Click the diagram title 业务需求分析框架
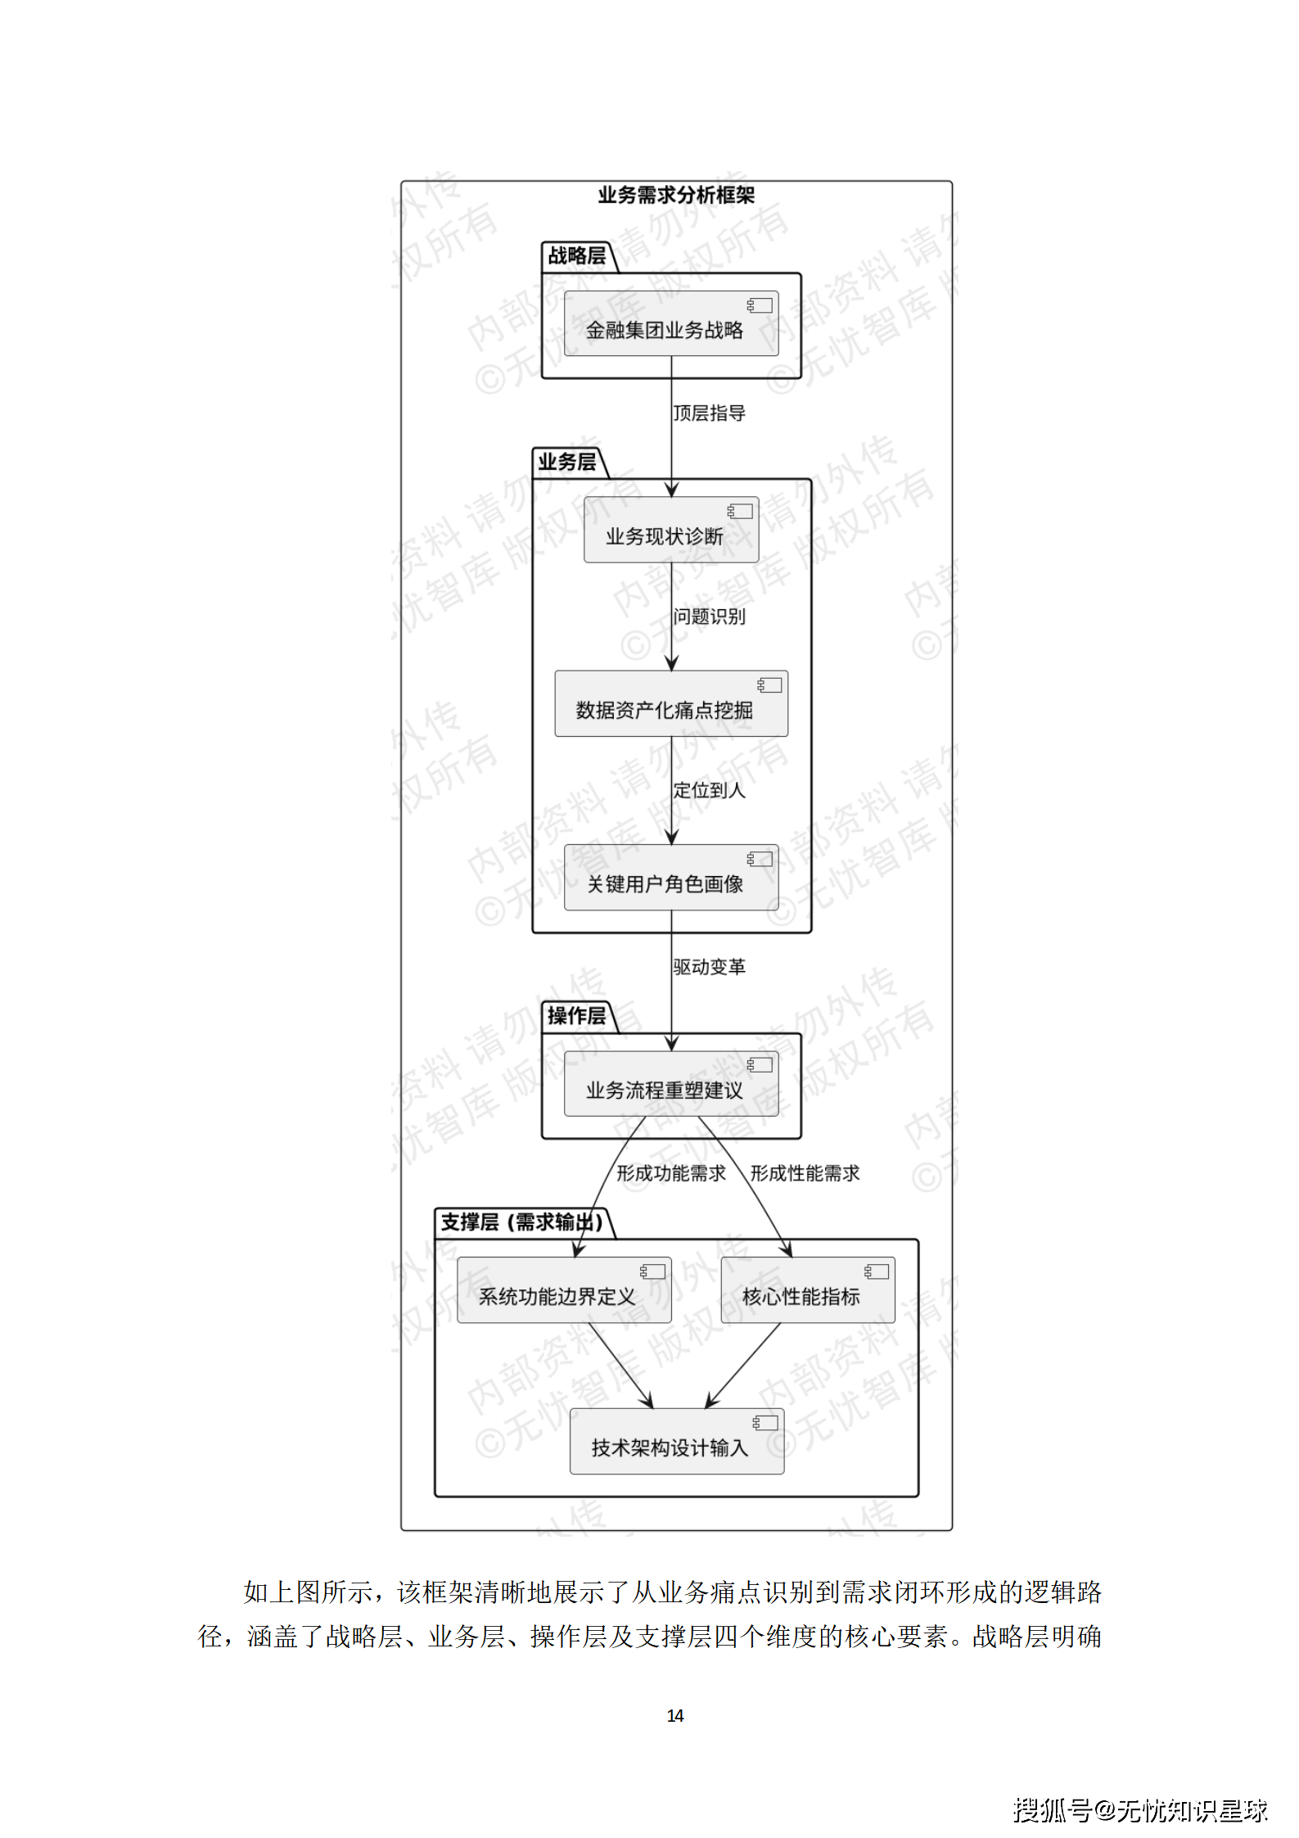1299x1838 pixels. (675, 195)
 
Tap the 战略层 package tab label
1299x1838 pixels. (576, 256)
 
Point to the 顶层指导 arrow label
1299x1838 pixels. (709, 413)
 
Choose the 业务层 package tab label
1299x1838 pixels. (566, 463)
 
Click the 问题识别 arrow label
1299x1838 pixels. (709, 616)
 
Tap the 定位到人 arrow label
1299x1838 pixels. (709, 790)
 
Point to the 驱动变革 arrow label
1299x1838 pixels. (709, 967)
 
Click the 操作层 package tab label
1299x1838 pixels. (576, 1016)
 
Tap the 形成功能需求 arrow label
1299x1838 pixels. (670, 1173)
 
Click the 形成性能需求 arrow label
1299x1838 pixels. (805, 1173)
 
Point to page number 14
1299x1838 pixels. (675, 1715)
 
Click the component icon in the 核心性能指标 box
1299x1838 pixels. (877, 1271)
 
